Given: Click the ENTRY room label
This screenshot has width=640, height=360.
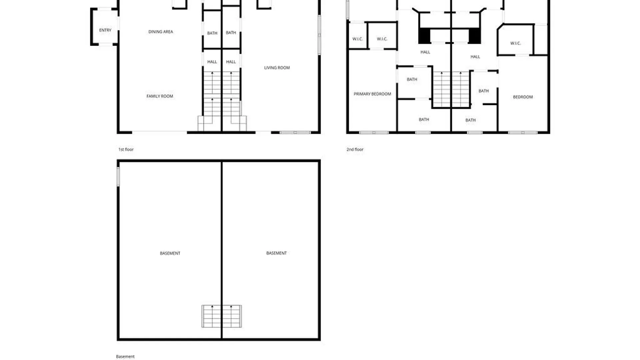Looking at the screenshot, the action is point(105,30).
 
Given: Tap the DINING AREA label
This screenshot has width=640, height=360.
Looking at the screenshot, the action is point(161,32).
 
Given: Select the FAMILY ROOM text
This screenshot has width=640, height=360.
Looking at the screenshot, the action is point(160,96).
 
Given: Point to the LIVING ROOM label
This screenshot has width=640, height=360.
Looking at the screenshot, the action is point(277,68).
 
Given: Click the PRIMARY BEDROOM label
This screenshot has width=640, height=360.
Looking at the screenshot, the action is point(372,94).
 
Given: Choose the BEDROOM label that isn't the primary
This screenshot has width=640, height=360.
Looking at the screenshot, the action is point(523,97).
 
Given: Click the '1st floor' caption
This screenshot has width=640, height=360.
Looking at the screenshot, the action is point(126,149).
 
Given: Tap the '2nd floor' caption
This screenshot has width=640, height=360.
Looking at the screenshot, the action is point(355,149).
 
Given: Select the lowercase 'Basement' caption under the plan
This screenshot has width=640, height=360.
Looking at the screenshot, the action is point(125,356).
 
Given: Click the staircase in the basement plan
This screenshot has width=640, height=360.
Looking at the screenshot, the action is point(222,316).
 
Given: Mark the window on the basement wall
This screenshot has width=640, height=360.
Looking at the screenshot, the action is point(118,176).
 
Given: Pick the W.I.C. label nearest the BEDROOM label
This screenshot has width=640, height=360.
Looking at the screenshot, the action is point(515,43).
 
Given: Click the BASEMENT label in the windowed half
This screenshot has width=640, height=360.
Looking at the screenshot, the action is point(170,253).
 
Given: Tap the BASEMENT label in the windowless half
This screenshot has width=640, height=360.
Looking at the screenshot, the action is point(276,253).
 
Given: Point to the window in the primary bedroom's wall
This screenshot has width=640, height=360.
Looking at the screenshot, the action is point(374,133).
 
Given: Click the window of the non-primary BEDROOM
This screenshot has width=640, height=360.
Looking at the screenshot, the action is point(523,133).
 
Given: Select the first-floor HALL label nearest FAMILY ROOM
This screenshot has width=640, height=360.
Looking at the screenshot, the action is point(212,62).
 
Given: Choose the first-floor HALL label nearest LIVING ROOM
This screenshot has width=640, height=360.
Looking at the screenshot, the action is point(231,62).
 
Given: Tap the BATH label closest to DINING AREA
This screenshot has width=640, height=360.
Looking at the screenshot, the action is point(212,33).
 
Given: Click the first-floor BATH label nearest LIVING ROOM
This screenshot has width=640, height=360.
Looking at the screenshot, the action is point(231,33).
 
